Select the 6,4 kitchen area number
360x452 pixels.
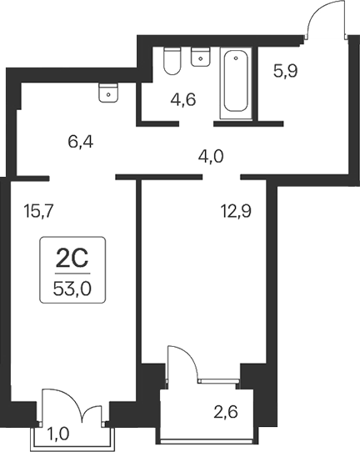pos(80,143)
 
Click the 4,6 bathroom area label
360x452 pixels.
pos(183,102)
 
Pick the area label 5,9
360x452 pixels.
pos(286,72)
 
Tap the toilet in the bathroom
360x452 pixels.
pos(173,60)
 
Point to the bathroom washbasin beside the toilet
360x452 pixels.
pos(200,57)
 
